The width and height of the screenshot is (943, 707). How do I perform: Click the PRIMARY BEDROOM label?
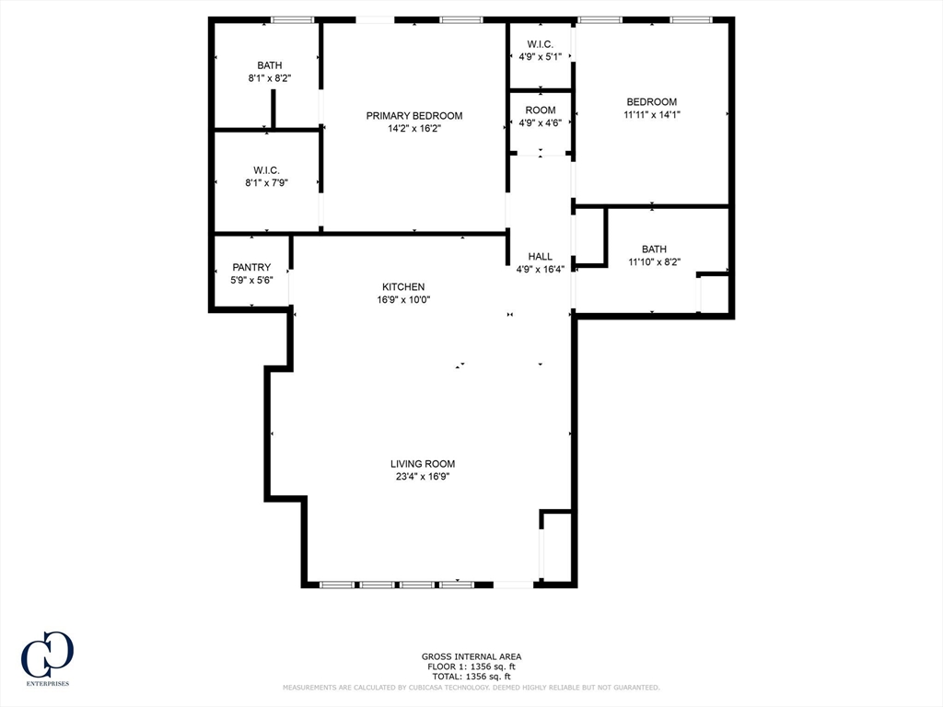click(414, 115)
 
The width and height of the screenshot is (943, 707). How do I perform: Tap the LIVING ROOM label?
click(423, 464)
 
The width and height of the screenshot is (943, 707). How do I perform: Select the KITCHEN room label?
click(403, 287)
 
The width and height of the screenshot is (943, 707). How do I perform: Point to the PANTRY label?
click(251, 267)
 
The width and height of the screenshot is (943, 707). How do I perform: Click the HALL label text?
click(540, 256)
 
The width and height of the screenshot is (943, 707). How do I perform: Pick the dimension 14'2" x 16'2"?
click(414, 128)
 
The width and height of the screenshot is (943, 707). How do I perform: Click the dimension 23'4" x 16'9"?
click(423, 476)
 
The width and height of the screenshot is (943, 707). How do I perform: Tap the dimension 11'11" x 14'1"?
click(652, 114)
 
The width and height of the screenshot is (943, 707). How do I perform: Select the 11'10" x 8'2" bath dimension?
click(655, 261)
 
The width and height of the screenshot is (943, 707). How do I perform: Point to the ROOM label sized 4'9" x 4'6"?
click(540, 110)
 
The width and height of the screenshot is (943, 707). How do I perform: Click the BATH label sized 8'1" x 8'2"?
click(270, 65)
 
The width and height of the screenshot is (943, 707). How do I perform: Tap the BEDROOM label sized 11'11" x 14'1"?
click(652, 101)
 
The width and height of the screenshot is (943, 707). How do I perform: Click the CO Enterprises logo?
click(48, 658)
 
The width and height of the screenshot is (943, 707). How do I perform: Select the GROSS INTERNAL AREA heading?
click(471, 656)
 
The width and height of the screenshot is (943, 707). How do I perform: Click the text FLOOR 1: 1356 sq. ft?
click(471, 666)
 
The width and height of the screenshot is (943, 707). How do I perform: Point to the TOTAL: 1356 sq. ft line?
click(471, 677)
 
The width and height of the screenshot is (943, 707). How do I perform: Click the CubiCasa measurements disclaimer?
click(471, 687)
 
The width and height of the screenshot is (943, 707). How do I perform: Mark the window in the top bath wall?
click(292, 20)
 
